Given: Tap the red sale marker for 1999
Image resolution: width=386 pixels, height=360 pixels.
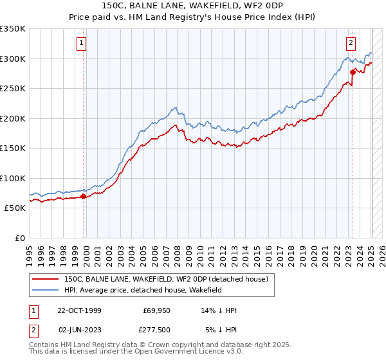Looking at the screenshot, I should pyautogui.click(x=83, y=196).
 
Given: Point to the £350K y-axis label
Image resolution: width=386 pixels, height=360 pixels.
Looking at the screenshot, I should pyautogui.click(x=12, y=29).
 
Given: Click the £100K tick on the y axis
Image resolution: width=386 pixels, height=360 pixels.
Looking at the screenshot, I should pyautogui.click(x=12, y=178).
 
